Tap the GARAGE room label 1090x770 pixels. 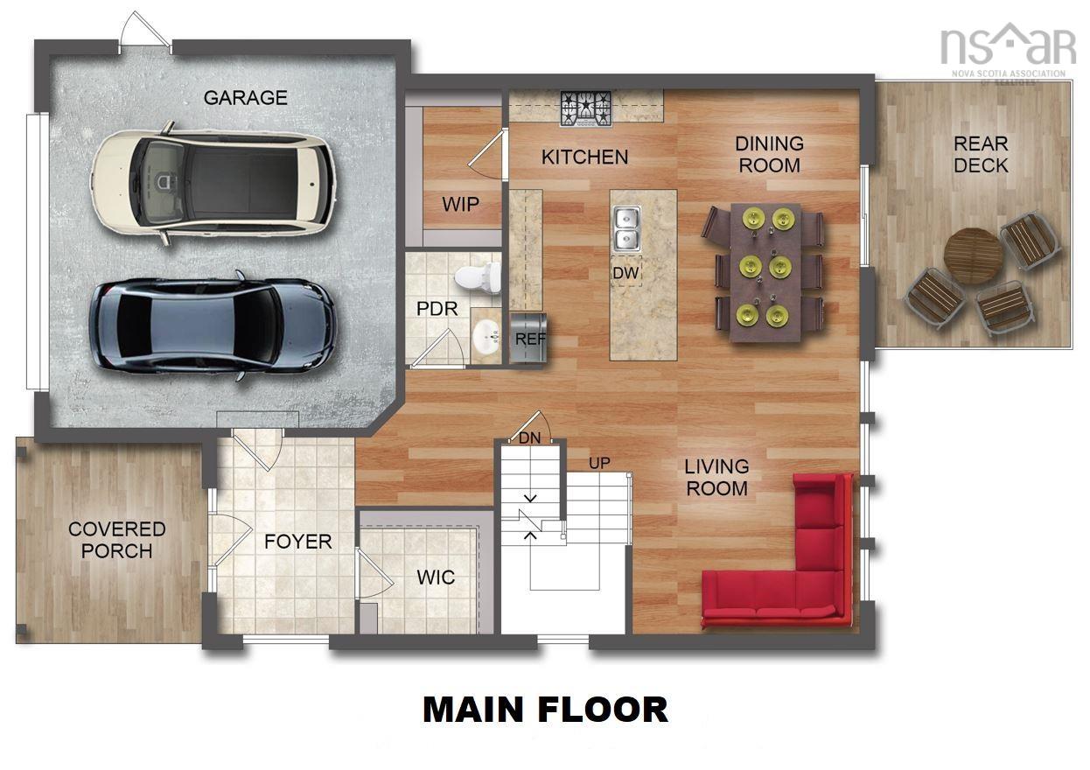245,98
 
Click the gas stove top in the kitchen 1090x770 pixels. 586,108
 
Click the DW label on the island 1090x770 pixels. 625,274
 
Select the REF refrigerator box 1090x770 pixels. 528,338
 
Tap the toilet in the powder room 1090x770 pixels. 478,277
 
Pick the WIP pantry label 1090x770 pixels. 460,204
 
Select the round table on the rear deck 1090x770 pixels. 973,255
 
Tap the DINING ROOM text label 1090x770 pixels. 769,154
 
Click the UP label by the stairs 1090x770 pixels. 599,462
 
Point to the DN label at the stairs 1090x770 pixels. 530,437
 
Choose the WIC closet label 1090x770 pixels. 435,578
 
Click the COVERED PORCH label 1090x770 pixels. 116,540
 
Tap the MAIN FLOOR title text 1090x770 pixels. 545,709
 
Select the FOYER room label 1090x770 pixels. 298,542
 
